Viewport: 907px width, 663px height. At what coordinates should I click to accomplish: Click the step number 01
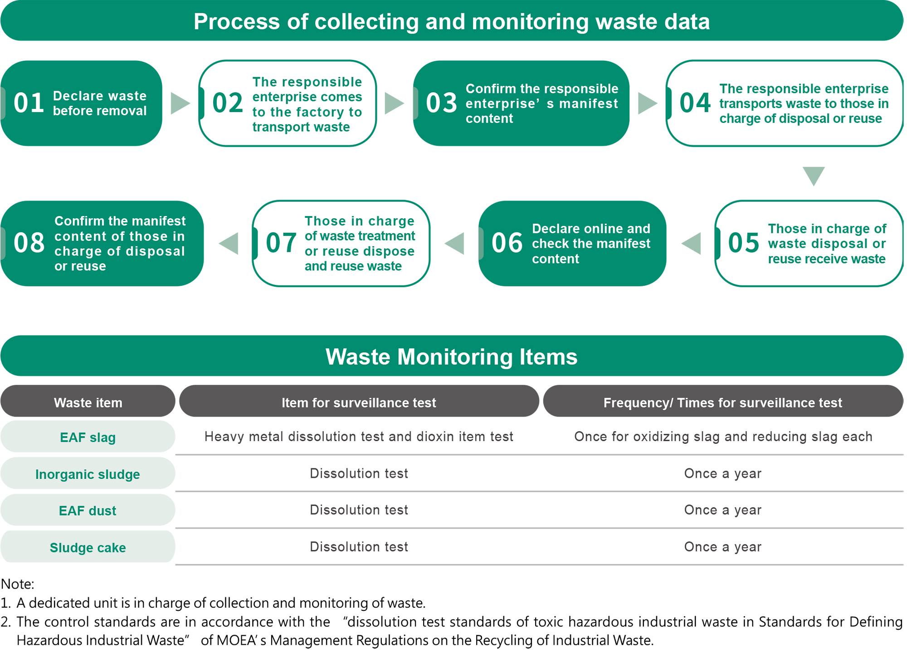click(29, 103)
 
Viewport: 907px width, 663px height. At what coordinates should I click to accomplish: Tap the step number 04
click(695, 103)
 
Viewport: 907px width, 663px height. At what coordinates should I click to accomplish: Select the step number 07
click(281, 243)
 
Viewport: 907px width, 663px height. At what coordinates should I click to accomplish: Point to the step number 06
click(507, 243)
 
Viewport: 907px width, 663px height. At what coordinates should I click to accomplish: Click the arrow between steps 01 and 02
click(180, 103)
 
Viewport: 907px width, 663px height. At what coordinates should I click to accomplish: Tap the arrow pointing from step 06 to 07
click(454, 243)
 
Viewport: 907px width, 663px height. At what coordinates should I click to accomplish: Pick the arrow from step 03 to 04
click(648, 103)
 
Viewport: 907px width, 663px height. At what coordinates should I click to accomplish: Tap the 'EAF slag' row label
click(88, 437)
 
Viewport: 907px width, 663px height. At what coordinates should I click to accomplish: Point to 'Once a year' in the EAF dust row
click(723, 510)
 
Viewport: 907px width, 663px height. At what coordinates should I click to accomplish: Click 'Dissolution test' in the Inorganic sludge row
click(359, 473)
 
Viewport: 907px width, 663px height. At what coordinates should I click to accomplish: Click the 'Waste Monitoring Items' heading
click(452, 357)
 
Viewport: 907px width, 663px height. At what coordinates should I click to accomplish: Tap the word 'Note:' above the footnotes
click(18, 584)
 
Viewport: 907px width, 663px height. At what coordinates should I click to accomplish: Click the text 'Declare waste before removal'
click(100, 103)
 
